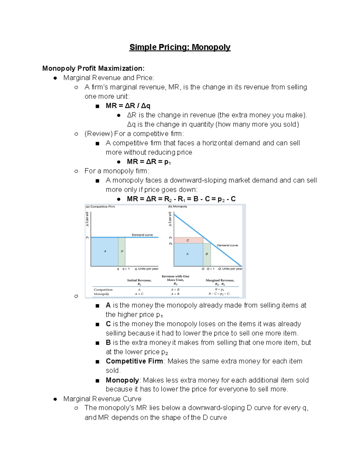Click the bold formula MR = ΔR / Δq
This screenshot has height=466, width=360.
point(128,106)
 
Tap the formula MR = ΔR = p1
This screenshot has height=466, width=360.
point(149,162)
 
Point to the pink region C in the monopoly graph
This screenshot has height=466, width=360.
point(188,240)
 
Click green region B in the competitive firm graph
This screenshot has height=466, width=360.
point(122,251)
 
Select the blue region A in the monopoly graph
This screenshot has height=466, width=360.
point(188,254)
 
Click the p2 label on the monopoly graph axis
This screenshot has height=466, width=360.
point(170,244)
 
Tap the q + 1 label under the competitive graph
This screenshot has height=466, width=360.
point(126,269)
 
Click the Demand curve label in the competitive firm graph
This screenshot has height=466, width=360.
point(142,235)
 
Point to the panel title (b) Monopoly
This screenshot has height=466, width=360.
point(178,206)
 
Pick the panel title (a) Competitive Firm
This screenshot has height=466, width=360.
point(100,206)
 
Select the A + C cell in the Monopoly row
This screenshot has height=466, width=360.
point(139,294)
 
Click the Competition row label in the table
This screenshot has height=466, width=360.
point(103,290)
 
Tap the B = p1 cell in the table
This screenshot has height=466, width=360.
point(220,290)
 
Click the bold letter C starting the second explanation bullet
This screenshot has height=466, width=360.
point(108,324)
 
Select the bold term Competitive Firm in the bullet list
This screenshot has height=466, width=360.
point(134,361)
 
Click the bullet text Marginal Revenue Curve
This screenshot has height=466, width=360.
point(102,399)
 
